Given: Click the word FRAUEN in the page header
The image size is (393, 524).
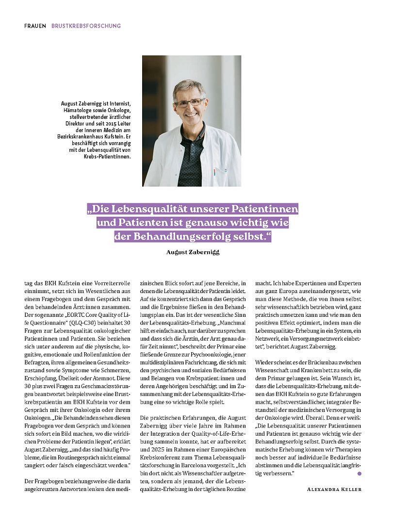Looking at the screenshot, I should tap(35, 25).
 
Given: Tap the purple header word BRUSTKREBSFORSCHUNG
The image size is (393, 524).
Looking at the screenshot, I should tap(86, 25).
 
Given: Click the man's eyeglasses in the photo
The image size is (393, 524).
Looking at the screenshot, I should tap(190, 102).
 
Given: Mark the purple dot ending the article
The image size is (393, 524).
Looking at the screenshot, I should tap(360, 473).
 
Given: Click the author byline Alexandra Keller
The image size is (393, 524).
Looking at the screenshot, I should tap(334, 489).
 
